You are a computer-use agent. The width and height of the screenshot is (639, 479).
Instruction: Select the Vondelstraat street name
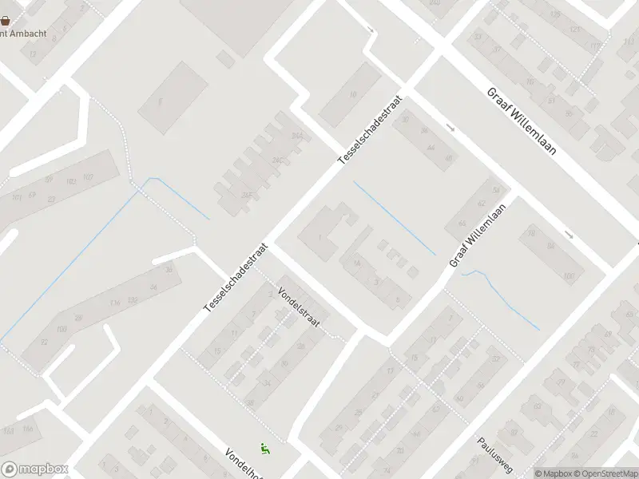299,306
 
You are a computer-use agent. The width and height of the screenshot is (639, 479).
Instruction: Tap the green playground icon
265,449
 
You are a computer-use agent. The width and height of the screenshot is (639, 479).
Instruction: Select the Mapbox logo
34,469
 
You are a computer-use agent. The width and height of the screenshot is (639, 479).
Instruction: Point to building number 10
353,93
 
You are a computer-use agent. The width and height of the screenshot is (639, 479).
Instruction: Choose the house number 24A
297,137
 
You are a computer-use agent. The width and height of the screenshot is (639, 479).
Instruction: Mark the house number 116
115,303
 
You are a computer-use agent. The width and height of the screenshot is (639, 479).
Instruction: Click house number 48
449,158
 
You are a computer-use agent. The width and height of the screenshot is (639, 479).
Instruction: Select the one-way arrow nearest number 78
569,234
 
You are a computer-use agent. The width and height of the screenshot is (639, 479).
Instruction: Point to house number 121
574,30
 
